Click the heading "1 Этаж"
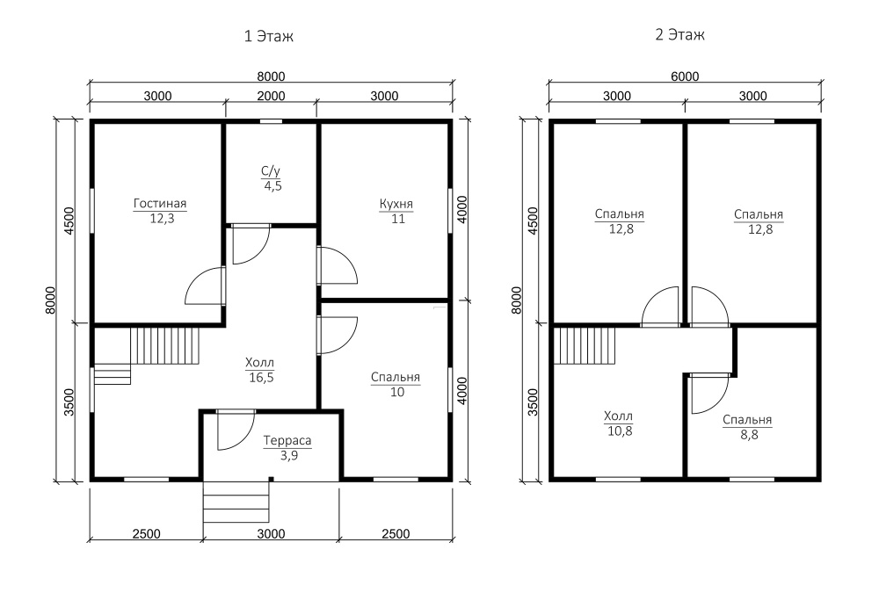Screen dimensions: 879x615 pyautogui.click(x=268, y=36)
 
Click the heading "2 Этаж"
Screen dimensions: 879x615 pyautogui.click(x=680, y=35)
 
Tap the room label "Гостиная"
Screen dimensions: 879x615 pyautogui.click(x=160, y=203)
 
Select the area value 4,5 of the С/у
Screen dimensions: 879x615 pyautogui.click(x=273, y=186)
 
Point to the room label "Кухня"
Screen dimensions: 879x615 pyautogui.click(x=396, y=204)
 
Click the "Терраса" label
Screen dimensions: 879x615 pyautogui.click(x=287, y=441)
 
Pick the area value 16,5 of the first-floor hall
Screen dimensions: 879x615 pyautogui.click(x=261, y=378)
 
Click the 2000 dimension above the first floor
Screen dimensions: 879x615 pyautogui.click(x=272, y=97)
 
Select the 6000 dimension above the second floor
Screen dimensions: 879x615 pyautogui.click(x=685, y=76)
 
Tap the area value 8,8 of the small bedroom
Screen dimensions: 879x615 pyautogui.click(x=749, y=435)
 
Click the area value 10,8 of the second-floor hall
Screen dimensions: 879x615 pyautogui.click(x=620, y=430)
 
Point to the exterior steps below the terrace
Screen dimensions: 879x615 pyautogui.click(x=236, y=502)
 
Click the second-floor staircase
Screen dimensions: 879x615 pyautogui.click(x=585, y=345)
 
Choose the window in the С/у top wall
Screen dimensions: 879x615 pyautogui.click(x=272, y=121)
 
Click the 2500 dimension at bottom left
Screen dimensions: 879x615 pyautogui.click(x=147, y=534)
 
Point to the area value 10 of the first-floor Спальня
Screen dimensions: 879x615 pyautogui.click(x=397, y=392)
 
